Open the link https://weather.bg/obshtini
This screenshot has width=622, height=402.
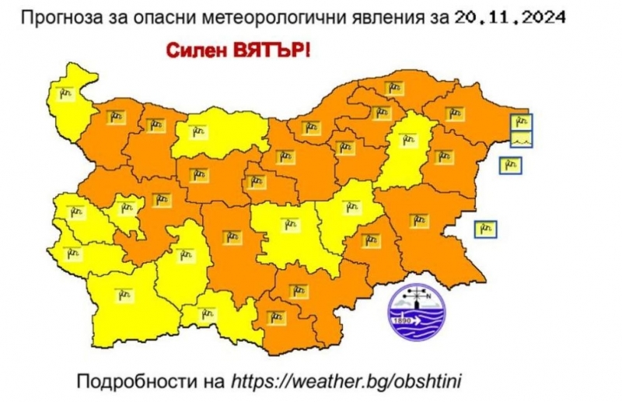(346, 381)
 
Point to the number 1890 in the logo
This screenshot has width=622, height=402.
(401, 320)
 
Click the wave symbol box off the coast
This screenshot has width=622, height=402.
(522, 139)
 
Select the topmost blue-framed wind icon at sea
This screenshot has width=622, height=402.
(522, 121)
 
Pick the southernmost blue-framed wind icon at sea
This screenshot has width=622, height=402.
(485, 229)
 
